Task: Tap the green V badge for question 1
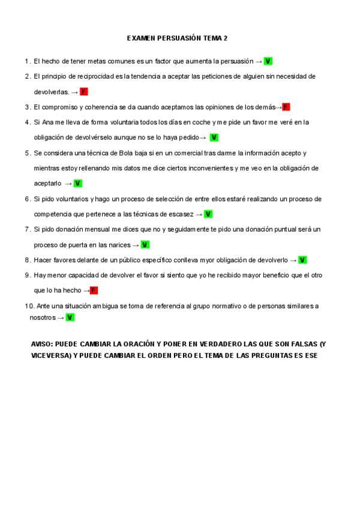pyautogui.click(x=268, y=61)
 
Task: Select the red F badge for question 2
pyautogui.click(x=83, y=92)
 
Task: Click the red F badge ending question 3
pyautogui.click(x=286, y=107)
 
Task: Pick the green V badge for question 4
pyautogui.click(x=214, y=137)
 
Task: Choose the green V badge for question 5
pyautogui.click(x=78, y=183)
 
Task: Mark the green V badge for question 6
pyautogui.click(x=208, y=214)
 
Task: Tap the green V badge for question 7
pyautogui.click(x=145, y=245)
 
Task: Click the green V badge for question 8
pyautogui.click(x=302, y=260)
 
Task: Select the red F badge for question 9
pyautogui.click(x=94, y=291)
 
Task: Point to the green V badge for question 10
pyautogui.click(x=70, y=318)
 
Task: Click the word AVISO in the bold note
pyautogui.click(x=42, y=344)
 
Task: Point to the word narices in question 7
pyautogui.click(x=117, y=245)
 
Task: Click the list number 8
pyautogui.click(x=28, y=260)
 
